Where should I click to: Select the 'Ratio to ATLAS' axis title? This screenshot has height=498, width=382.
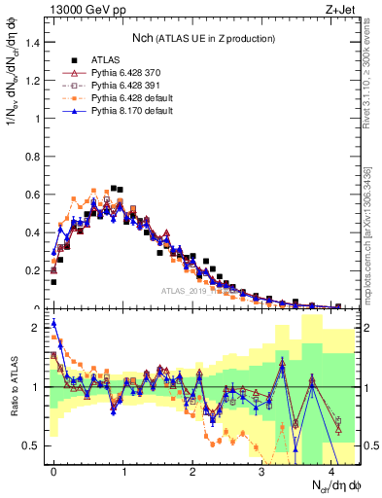[x=13, y=389]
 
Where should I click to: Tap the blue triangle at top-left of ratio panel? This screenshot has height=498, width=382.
[x=54, y=324]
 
